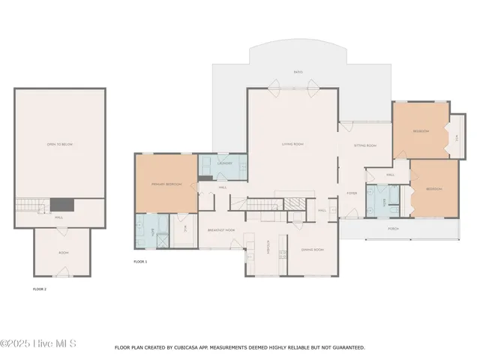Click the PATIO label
tap(298, 73)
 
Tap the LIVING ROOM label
tap(292, 144)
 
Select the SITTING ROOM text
tap(365, 145)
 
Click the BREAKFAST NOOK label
tap(221, 230)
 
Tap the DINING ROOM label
tap(312, 248)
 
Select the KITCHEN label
tap(268, 246)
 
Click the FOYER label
tap(351, 193)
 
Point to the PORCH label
tap(392, 228)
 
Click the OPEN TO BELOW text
tap(59, 144)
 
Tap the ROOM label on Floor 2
tap(63, 253)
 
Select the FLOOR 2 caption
tap(40, 289)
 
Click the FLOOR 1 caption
tap(140, 262)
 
